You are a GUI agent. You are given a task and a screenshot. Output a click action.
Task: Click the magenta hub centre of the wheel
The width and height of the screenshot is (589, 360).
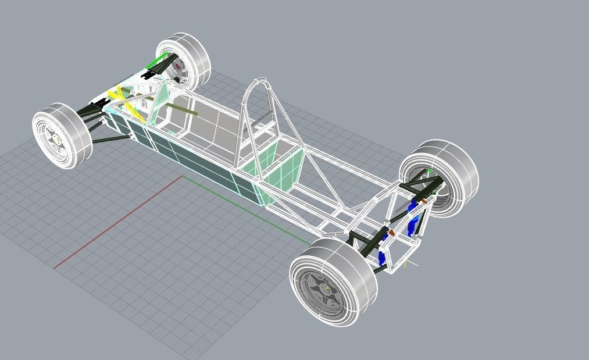(177, 66)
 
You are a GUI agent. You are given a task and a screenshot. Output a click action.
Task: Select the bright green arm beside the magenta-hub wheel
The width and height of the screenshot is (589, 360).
(156, 62)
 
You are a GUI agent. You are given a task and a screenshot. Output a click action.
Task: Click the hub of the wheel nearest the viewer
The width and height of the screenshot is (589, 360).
(326, 288)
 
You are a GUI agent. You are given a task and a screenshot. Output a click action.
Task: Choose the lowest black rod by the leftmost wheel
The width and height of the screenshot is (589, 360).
(110, 140)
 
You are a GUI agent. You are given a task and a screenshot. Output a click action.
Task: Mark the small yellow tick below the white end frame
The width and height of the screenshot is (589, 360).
(405, 265)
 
